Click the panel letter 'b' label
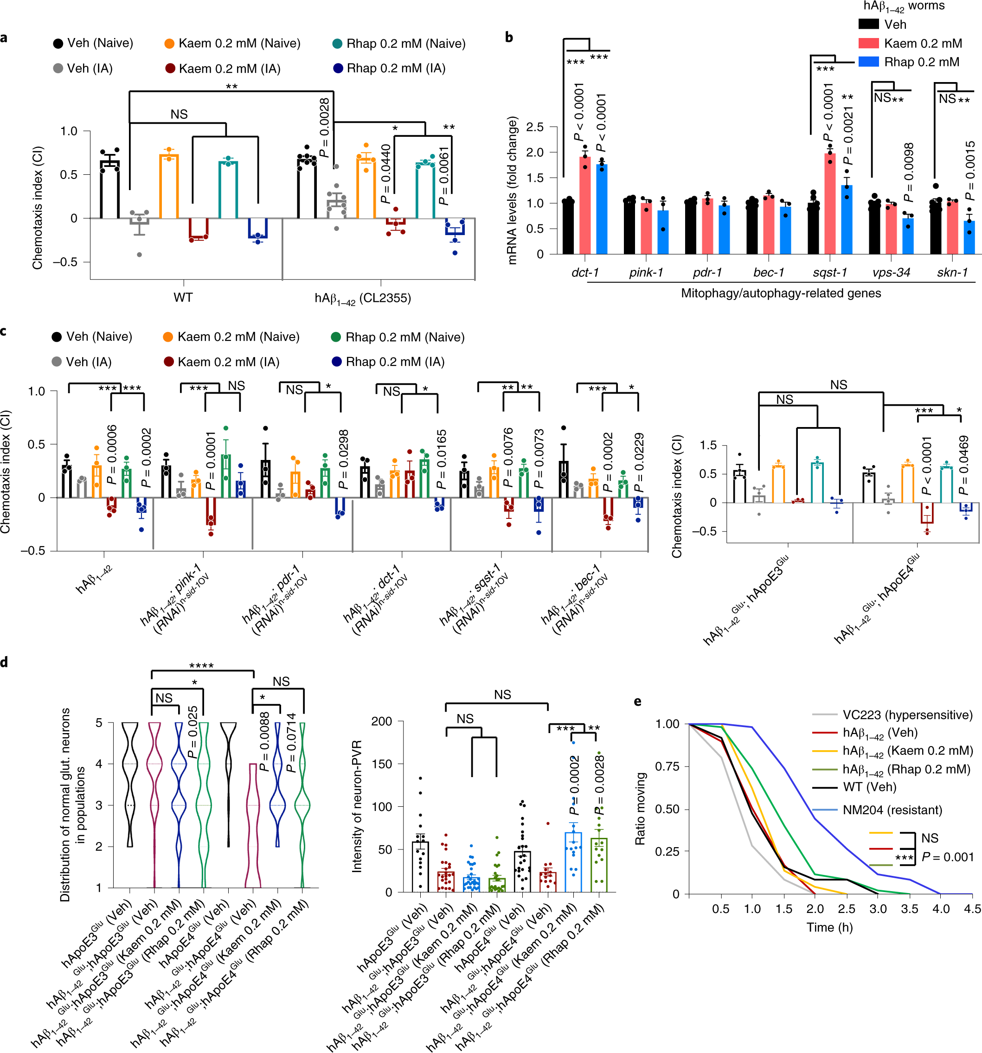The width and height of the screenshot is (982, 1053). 509,37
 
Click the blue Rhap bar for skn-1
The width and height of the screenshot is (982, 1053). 969,237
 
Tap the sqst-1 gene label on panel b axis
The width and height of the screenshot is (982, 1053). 829,273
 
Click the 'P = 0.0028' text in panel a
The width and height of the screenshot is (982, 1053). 324,128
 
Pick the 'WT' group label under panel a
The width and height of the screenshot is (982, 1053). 183,298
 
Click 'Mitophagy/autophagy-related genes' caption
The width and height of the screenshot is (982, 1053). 781,294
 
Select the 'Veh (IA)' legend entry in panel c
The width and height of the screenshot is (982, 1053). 88,362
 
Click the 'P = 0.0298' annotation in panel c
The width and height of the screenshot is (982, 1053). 343,459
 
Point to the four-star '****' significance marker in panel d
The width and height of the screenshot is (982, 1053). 201,666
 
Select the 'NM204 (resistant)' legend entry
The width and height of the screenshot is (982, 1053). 892,810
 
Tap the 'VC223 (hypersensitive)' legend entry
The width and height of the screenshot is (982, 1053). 907,715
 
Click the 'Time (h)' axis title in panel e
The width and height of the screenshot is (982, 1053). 829,927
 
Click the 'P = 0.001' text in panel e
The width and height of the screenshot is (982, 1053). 947,857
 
